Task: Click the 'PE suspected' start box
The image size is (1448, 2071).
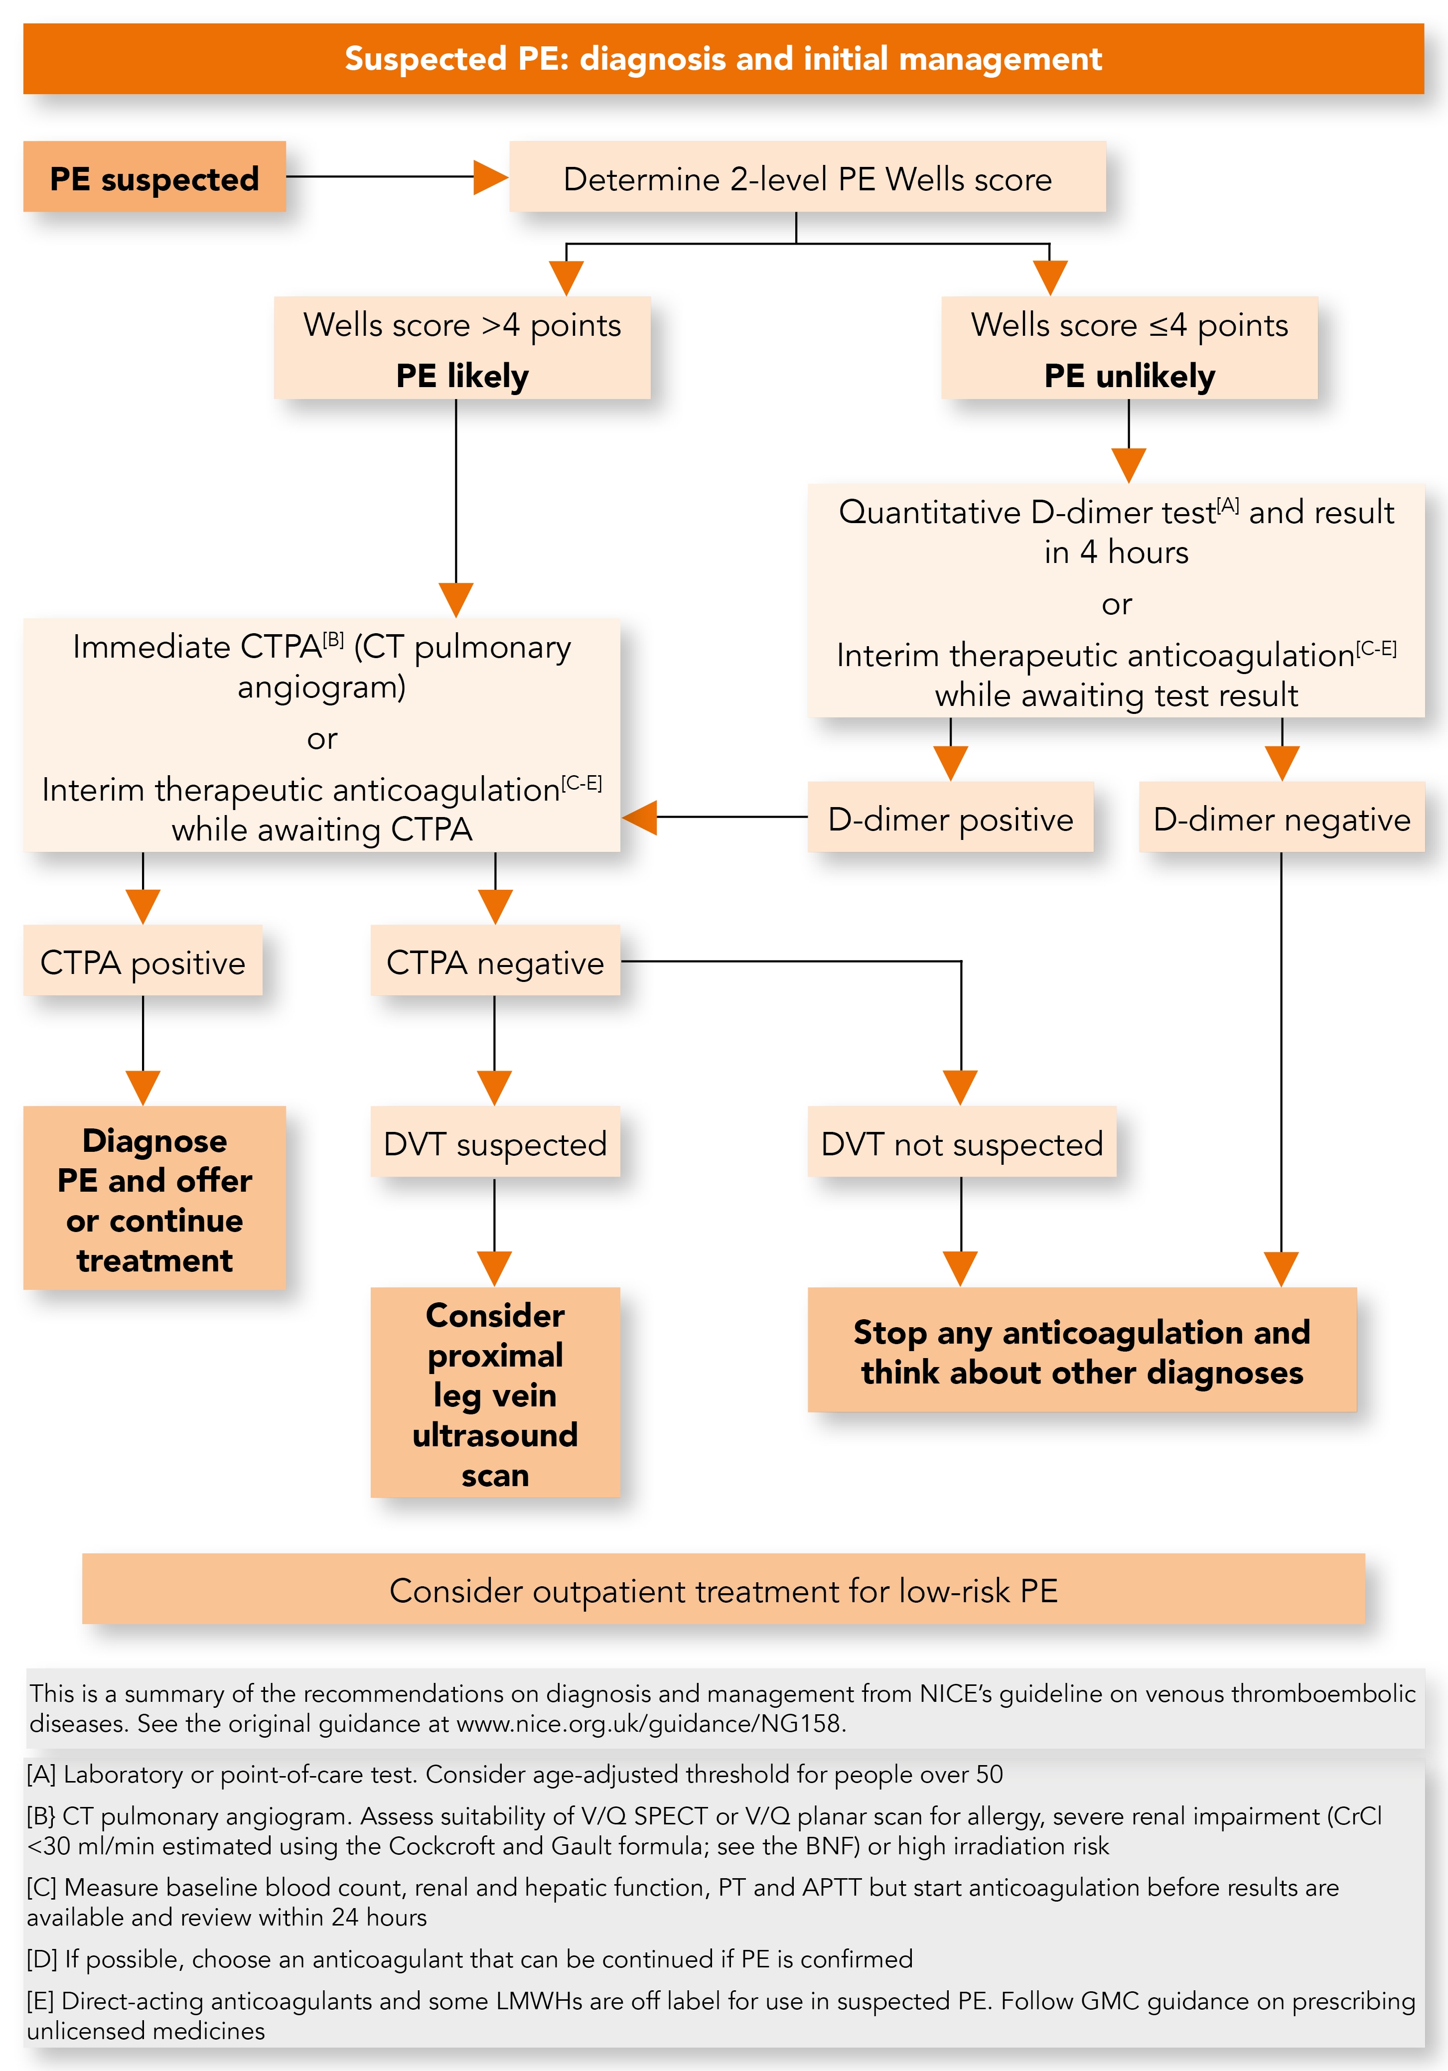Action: [154, 177]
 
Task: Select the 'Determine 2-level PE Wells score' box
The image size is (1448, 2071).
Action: [807, 177]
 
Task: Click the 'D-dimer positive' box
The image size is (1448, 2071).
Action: [950, 817]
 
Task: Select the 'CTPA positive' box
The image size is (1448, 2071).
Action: [143, 961]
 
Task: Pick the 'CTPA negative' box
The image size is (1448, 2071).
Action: [495, 961]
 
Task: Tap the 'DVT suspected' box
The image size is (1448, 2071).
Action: [495, 1142]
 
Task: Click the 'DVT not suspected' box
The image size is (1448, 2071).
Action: [962, 1142]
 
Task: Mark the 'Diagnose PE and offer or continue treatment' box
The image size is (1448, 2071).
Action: [154, 1198]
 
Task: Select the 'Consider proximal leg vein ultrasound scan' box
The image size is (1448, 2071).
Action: [495, 1392]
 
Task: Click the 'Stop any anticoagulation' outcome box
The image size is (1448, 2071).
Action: [1082, 1350]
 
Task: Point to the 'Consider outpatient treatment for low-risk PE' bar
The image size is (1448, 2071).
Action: [724, 1589]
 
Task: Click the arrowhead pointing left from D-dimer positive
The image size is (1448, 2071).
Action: [640, 817]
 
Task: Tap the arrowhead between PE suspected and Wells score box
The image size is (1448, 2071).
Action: [491, 177]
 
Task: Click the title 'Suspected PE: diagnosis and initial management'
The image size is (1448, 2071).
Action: [724, 59]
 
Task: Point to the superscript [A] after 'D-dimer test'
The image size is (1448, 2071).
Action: [1228, 505]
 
